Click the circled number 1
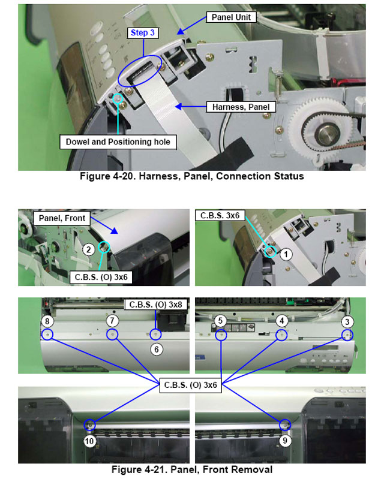point(286,254)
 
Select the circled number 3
point(347,321)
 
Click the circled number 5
point(221,321)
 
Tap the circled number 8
point(46,321)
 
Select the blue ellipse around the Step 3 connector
point(139,71)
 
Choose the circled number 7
point(112,321)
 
